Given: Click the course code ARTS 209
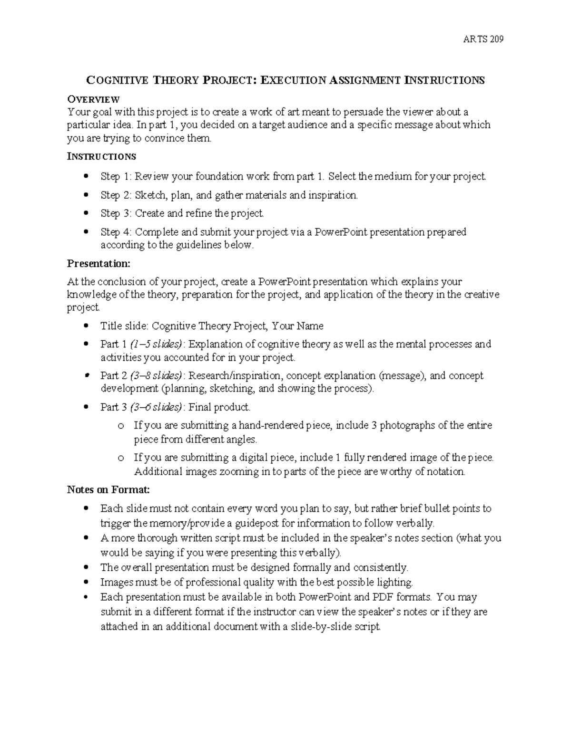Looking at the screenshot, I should click(x=483, y=39).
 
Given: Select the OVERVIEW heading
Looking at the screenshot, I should click(x=93, y=99).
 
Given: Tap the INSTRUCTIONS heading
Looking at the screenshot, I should click(x=101, y=156).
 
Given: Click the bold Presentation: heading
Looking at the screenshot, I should click(x=98, y=263).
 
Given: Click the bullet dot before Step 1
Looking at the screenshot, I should click(x=86, y=176).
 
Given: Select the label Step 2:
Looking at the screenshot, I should click(x=116, y=195).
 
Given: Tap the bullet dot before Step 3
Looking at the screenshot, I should click(x=86, y=213).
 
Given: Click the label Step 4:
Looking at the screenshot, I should click(x=116, y=232).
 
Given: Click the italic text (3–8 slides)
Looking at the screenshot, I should click(x=156, y=375).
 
